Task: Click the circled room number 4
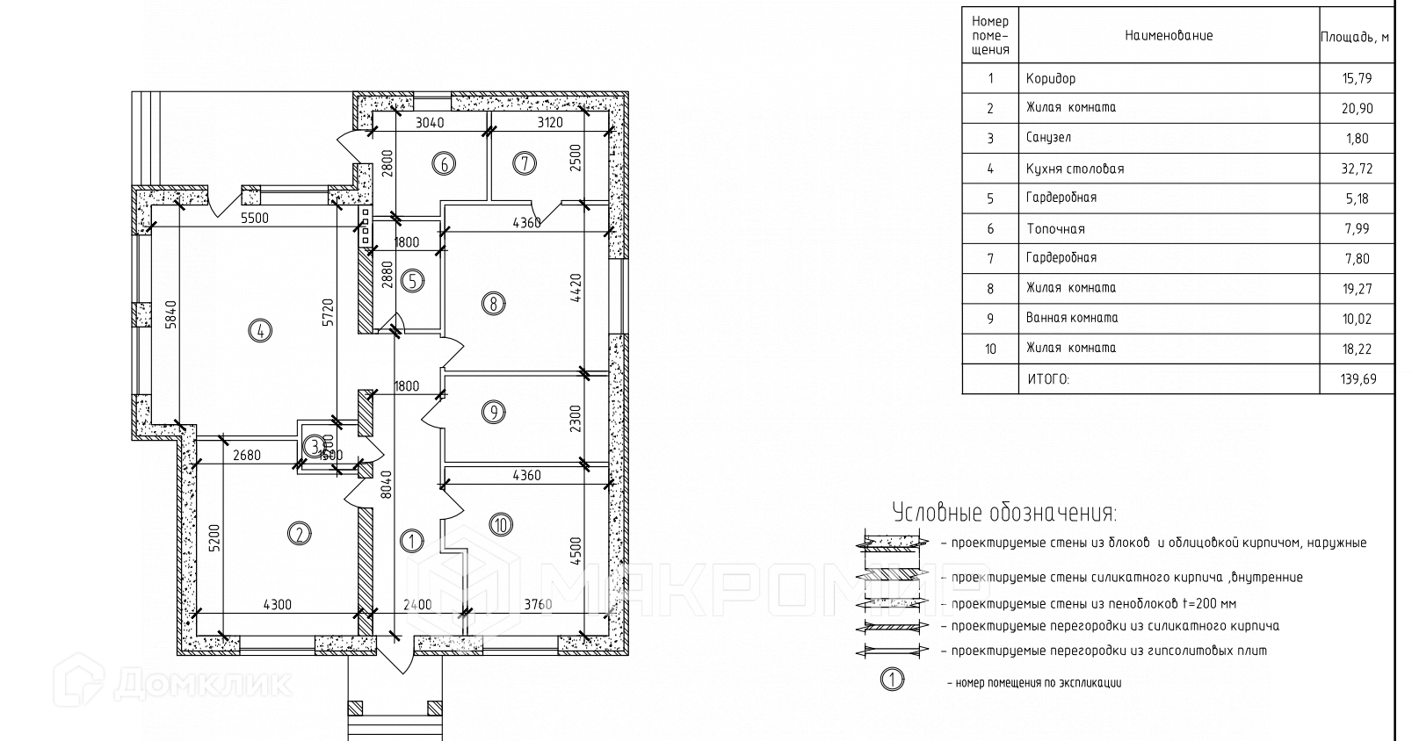tap(261, 331)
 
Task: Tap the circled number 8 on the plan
tap(494, 305)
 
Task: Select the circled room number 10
tap(501, 525)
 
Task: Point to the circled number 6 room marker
tap(444, 163)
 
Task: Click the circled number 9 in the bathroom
tap(494, 411)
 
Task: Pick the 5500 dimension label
tap(255, 218)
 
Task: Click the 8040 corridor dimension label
tap(386, 484)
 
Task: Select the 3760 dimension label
tap(538, 604)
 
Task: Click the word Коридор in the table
tap(1050, 79)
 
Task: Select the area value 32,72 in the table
tap(1357, 169)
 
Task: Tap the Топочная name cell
tap(1055, 229)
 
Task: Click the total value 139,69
tap(1357, 379)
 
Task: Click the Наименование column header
tap(1168, 36)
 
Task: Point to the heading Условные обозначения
tap(1004, 513)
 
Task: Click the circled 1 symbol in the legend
tap(892, 679)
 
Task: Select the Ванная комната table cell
tap(1072, 318)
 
